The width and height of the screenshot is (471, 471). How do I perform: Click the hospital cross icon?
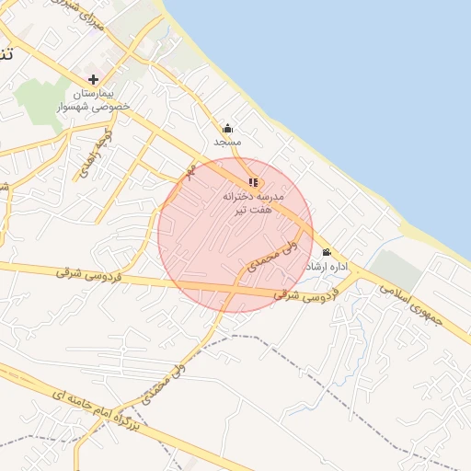click(94, 79)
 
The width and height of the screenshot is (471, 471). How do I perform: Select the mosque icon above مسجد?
click(227, 129)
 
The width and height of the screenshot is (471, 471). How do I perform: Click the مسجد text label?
click(227, 143)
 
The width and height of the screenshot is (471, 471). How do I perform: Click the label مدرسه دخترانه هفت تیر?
click(254, 203)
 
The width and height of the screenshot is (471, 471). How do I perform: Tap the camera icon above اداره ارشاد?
click(327, 253)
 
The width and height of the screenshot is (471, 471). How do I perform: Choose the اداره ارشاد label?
click(331, 267)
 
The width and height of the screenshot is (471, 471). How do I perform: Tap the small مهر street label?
click(191, 171)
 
